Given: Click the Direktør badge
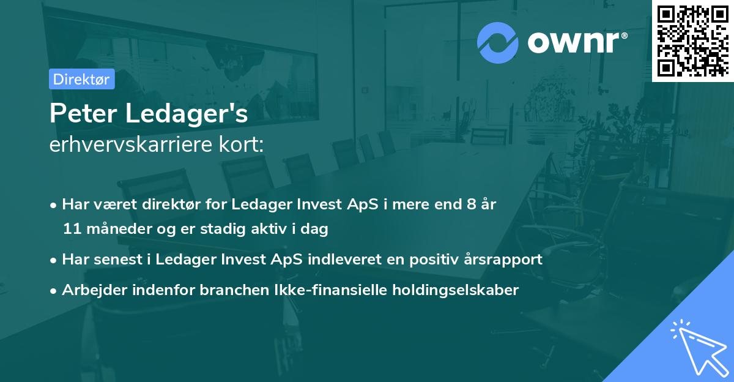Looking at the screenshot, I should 81,79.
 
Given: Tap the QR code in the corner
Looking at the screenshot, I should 692,40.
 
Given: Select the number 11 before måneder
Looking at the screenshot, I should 71,229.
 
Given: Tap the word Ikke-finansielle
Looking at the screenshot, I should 310,290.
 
